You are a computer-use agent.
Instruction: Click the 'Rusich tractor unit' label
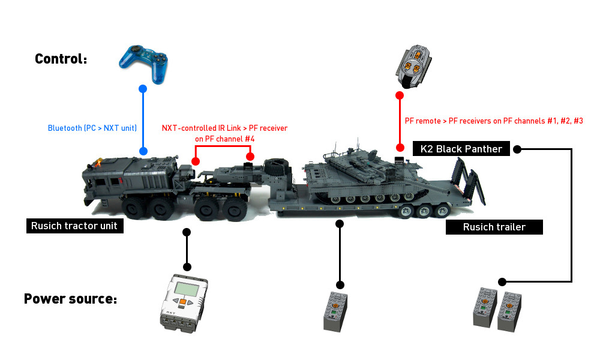click(x=75, y=226)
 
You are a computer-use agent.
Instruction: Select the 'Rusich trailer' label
click(x=494, y=227)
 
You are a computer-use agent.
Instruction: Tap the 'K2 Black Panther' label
click(x=461, y=149)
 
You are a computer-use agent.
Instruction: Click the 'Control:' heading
click(x=61, y=59)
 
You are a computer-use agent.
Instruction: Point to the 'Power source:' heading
click(x=70, y=298)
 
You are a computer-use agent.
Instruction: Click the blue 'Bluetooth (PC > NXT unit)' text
click(x=92, y=128)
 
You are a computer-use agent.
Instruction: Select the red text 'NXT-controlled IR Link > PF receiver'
click(x=224, y=128)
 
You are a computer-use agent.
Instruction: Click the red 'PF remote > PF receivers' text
click(x=494, y=121)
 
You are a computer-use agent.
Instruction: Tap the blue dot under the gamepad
click(x=143, y=89)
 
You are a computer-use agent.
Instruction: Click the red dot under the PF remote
click(x=398, y=95)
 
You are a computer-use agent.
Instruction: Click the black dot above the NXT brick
click(x=187, y=266)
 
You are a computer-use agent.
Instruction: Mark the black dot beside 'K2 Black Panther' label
click(x=518, y=149)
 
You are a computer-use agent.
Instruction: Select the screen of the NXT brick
click(x=182, y=290)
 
